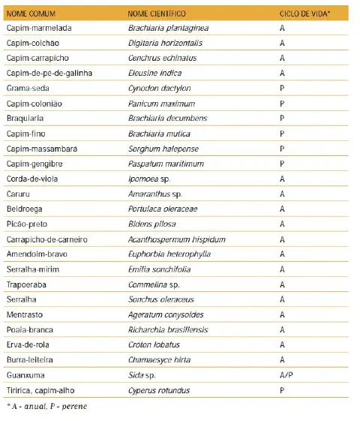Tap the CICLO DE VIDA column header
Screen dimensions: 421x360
point(299,14)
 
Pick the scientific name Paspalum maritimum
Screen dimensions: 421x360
point(162,164)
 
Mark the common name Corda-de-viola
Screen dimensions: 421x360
point(31,179)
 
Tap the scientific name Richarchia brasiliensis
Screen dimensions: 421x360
point(167,329)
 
